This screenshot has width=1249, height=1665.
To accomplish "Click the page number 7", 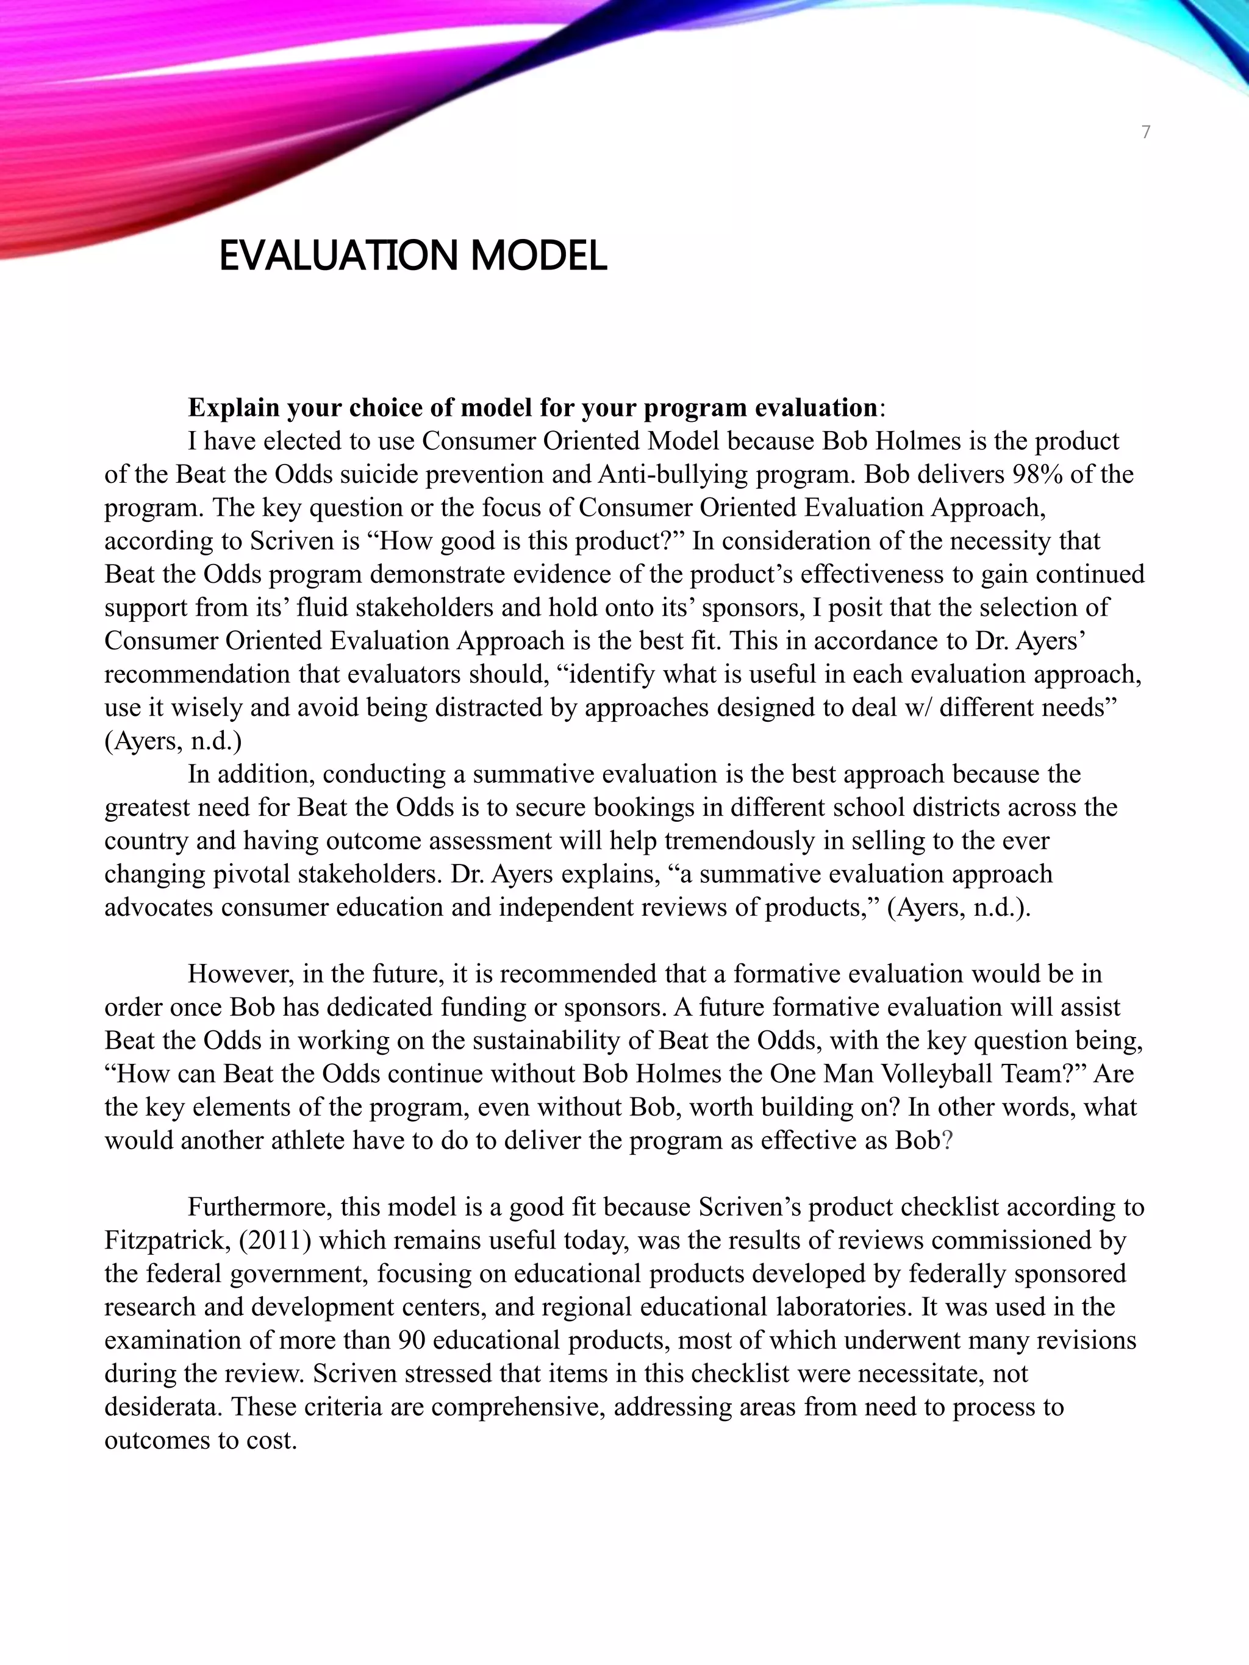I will (x=1145, y=132).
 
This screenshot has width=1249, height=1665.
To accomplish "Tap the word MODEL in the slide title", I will (x=539, y=256).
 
